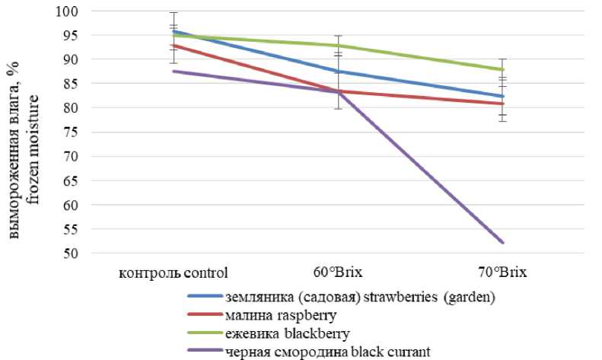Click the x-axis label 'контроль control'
(174, 272)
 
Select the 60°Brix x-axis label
(338, 272)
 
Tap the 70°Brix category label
(502, 272)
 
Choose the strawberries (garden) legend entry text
(359, 297)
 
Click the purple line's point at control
(174, 72)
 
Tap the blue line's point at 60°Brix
(338, 72)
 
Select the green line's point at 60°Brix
(338, 46)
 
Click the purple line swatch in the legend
(204, 351)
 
